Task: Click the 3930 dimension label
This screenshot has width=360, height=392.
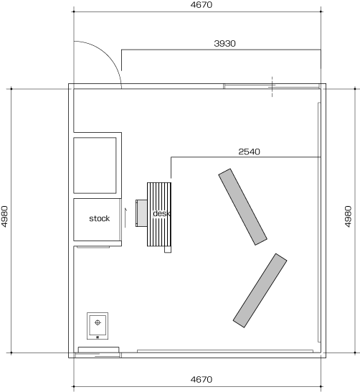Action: (x=224, y=44)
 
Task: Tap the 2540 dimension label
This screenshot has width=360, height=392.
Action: (x=249, y=151)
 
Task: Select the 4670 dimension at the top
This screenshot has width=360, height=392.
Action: (x=202, y=5)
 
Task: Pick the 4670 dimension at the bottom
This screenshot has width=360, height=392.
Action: (x=202, y=380)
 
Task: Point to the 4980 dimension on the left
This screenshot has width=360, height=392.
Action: (x=5, y=217)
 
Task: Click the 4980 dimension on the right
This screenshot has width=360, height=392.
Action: (x=349, y=217)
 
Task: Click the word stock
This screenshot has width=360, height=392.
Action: (x=100, y=218)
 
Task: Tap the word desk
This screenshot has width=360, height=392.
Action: (x=161, y=213)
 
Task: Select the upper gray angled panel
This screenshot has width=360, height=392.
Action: (x=242, y=207)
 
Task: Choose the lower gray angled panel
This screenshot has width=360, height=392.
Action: (x=260, y=290)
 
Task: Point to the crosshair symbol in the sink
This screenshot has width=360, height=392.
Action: (x=98, y=322)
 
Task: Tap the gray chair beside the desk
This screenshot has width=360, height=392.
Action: (x=141, y=213)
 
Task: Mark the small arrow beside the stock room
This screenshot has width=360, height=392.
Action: (x=125, y=218)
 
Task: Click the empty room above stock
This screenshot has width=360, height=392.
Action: (x=95, y=165)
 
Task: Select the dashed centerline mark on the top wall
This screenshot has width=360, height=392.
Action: (x=272, y=86)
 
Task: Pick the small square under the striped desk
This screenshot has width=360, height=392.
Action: (x=168, y=249)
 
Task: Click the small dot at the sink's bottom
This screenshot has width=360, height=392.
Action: (x=98, y=337)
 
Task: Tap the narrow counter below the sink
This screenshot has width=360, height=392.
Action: (x=99, y=350)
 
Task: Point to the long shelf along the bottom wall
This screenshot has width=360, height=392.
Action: (x=225, y=351)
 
